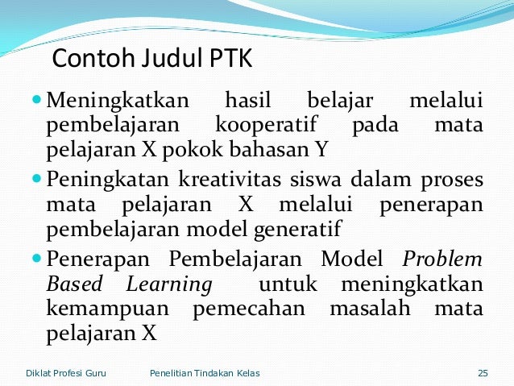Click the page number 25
483,372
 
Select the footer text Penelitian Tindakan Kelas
205,372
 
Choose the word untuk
287,285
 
